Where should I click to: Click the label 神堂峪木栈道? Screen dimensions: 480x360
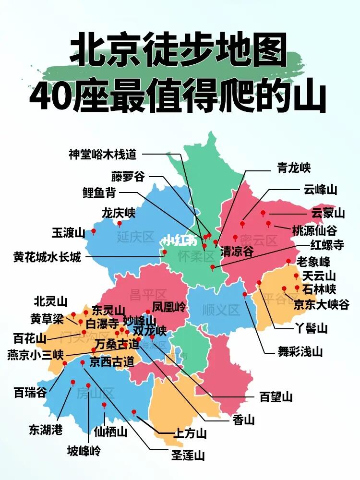[103, 154]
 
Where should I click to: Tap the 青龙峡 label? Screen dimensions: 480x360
[294, 168]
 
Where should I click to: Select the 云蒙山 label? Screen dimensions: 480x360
[328, 213]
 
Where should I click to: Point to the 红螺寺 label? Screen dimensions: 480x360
[327, 245]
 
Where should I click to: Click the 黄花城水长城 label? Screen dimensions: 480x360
[47, 257]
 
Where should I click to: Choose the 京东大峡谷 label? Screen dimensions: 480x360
[322, 304]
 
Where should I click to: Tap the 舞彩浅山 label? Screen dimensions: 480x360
[300, 351]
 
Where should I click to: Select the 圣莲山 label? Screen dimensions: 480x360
[188, 455]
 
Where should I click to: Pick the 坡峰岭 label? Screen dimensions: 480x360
[84, 451]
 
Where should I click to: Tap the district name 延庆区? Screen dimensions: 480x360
[135, 237]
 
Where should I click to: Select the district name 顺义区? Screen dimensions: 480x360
[221, 310]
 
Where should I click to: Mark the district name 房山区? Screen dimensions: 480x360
[96, 394]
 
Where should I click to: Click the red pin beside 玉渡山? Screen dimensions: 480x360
[94, 231]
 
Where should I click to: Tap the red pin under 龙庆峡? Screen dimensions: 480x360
[120, 223]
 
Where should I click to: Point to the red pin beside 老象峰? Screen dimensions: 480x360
[288, 262]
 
